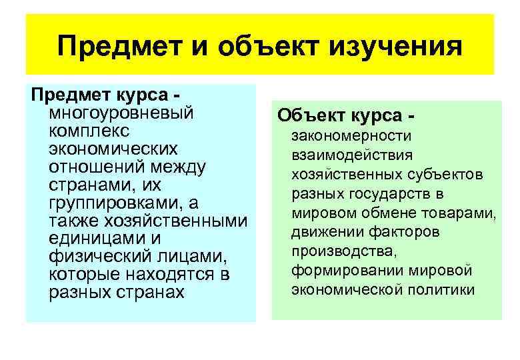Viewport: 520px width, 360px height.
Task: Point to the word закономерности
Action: [x=351, y=136]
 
